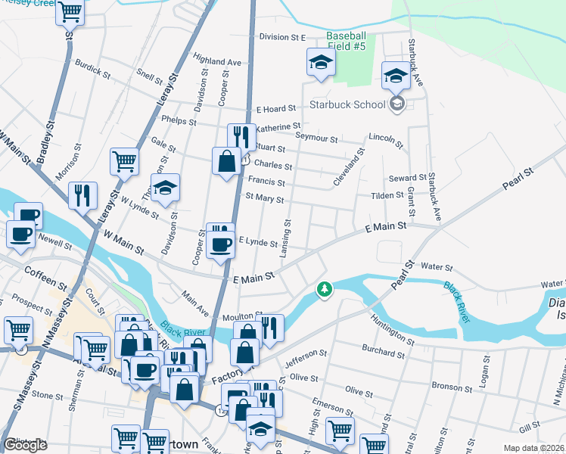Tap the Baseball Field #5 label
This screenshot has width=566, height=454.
pos(346,41)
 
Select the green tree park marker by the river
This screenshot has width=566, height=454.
pos(325,289)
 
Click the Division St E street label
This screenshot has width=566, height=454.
pos(281,36)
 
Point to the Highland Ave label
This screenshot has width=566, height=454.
pos(216,61)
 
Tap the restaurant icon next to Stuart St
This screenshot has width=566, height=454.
pos(241,137)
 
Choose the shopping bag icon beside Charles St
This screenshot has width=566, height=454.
pos(226,161)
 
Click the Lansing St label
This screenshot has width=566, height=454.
pos(287,238)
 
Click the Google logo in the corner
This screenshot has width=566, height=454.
pos(25,445)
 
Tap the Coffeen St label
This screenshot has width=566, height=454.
pos(41,269)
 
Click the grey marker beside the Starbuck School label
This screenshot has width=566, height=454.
pos(397,104)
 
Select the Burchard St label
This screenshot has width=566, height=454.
pos(384,353)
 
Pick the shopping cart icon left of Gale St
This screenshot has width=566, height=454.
pos(124,160)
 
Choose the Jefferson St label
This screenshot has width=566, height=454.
pos(306,353)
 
